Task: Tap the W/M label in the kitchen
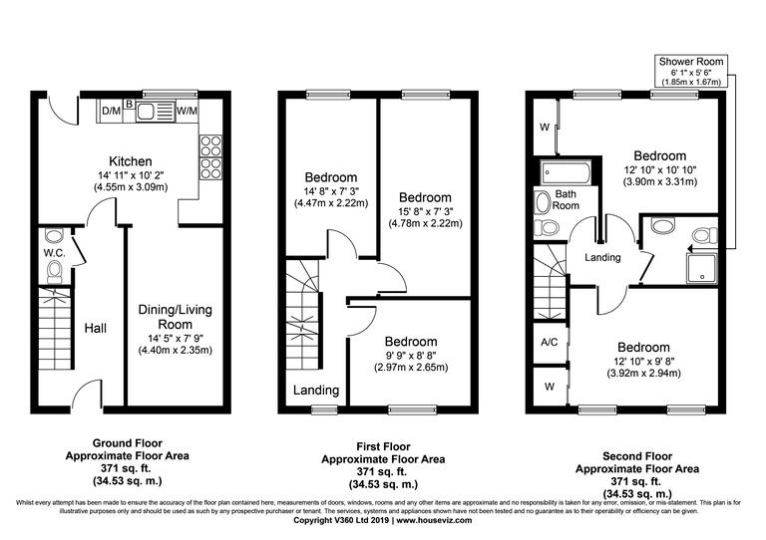(187, 110)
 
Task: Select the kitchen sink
(150, 111)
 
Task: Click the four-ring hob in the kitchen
(211, 154)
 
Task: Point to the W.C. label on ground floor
(54, 252)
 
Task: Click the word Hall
(95, 328)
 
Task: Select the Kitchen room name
(131, 161)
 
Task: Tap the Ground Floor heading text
(127, 442)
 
